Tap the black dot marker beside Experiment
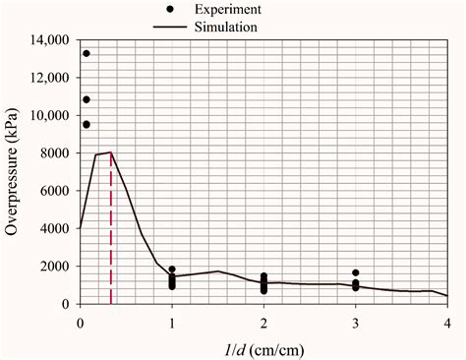[171, 10]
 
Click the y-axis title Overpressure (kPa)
[13, 172]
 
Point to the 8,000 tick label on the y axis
[50, 153]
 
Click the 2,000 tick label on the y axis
[50, 267]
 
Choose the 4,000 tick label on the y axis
[50, 229]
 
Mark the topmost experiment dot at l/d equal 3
[356, 272]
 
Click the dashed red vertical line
[111, 236]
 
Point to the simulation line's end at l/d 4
[446, 296]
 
